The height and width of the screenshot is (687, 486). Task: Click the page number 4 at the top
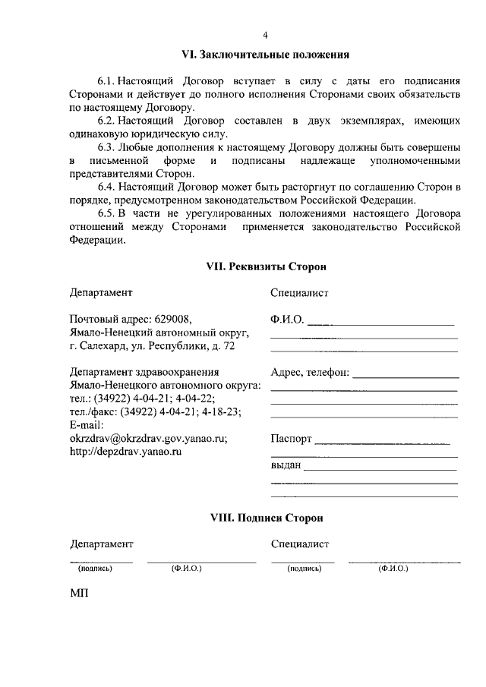(265, 36)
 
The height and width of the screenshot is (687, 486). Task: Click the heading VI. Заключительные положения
(265, 55)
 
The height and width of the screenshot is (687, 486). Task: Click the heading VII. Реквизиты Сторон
(267, 267)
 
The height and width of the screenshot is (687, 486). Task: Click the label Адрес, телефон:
(310, 373)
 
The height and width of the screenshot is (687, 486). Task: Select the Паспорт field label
(291, 439)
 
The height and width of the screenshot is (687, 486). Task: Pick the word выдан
(286, 465)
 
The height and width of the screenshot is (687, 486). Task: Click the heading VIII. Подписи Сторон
(267, 518)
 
